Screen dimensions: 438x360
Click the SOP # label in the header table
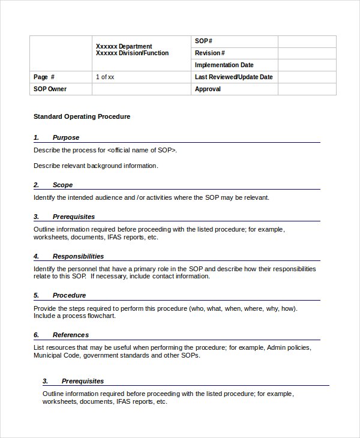(203, 41)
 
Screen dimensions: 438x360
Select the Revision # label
(209, 53)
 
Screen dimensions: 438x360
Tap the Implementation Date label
(224, 65)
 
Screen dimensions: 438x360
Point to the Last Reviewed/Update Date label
(233, 77)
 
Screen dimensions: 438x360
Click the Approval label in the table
(208, 89)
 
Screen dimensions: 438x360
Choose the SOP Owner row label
(50, 89)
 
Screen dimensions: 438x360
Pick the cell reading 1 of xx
(105, 77)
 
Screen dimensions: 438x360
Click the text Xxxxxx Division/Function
(132, 53)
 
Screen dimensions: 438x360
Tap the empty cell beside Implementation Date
(307, 65)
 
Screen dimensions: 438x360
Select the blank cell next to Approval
(307, 89)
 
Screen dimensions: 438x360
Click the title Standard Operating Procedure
(82, 116)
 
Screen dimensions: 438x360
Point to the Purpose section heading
(65, 137)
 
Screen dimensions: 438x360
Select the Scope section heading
(62, 185)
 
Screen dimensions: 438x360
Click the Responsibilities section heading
(78, 256)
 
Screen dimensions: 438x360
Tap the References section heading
(70, 335)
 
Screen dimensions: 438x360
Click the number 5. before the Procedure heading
(37, 295)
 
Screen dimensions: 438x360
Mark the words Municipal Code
(56, 355)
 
